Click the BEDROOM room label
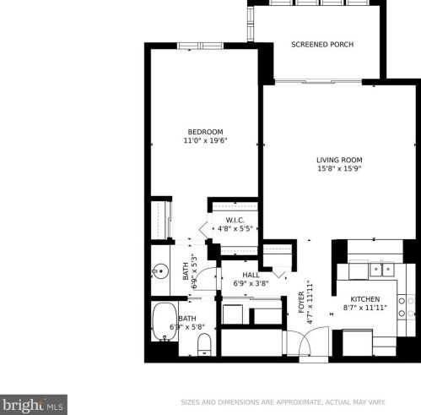tap(205, 131)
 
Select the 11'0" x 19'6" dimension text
tap(205, 140)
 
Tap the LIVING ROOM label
tap(339, 160)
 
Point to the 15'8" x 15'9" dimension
tap(339, 169)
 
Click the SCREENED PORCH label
tap(322, 45)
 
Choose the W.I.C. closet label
tap(235, 220)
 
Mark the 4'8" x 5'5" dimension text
tap(235, 228)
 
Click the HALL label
tap(251, 275)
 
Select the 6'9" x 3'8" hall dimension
tap(251, 284)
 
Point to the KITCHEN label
tap(365, 299)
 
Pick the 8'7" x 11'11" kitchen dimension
tap(365, 309)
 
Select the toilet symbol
tap(203, 344)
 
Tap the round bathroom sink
tap(160, 272)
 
